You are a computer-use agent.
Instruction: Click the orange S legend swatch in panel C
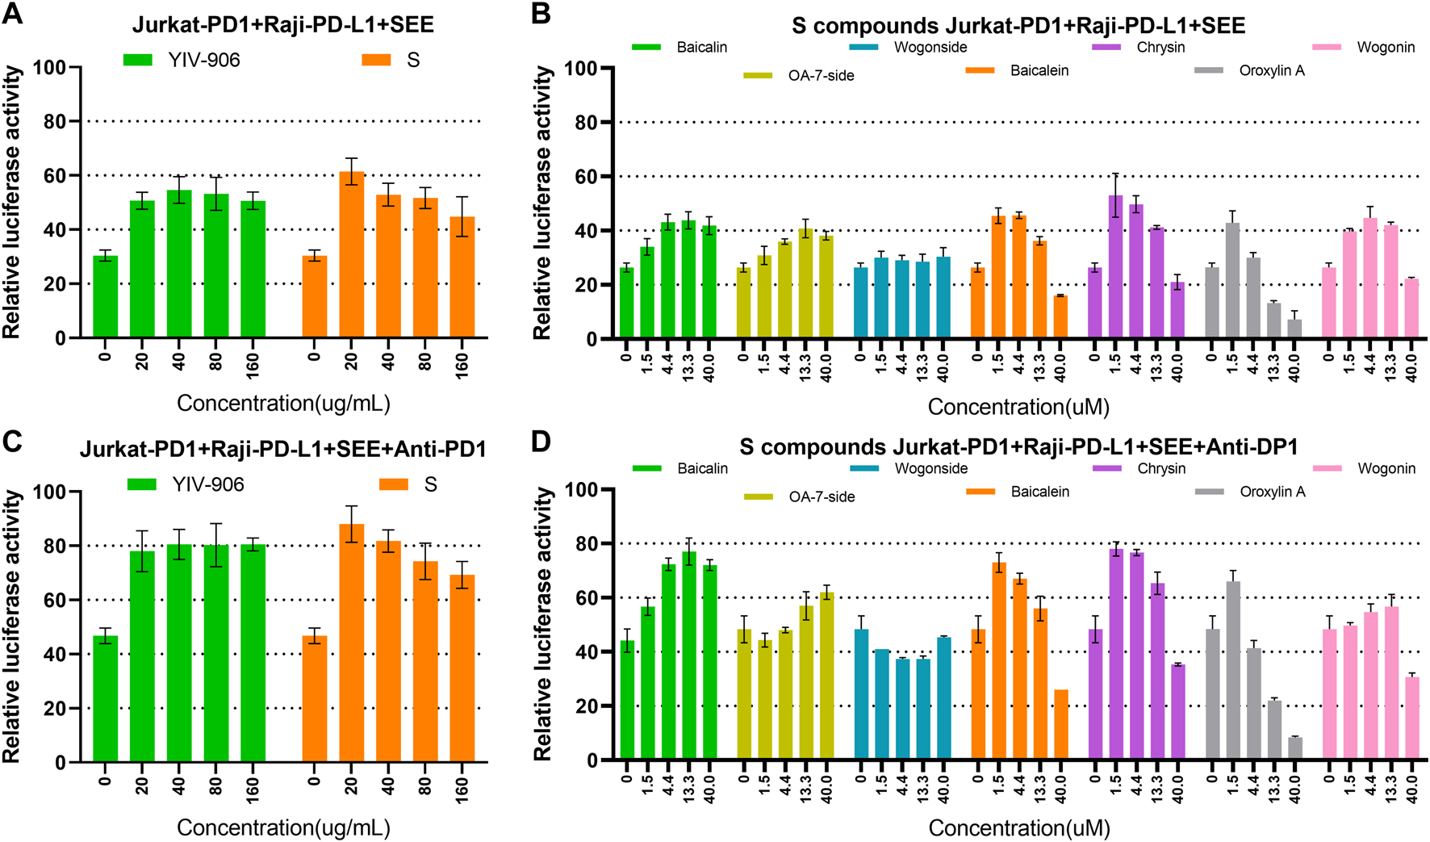click(394, 484)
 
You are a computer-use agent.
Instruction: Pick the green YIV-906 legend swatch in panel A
click(138, 60)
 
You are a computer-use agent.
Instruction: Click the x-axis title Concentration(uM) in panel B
click(1018, 407)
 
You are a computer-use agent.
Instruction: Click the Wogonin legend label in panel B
click(1386, 47)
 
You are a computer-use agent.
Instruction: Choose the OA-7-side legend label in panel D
click(822, 496)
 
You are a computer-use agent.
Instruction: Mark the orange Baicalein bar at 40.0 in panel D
click(1061, 725)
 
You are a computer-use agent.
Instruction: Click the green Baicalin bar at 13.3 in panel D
click(689, 656)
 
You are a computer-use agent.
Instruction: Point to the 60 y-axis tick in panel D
click(587, 598)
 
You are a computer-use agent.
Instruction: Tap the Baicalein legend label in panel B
click(1039, 71)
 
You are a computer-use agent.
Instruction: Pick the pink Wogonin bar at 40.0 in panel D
click(1411, 718)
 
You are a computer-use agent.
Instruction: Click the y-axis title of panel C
click(12, 626)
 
